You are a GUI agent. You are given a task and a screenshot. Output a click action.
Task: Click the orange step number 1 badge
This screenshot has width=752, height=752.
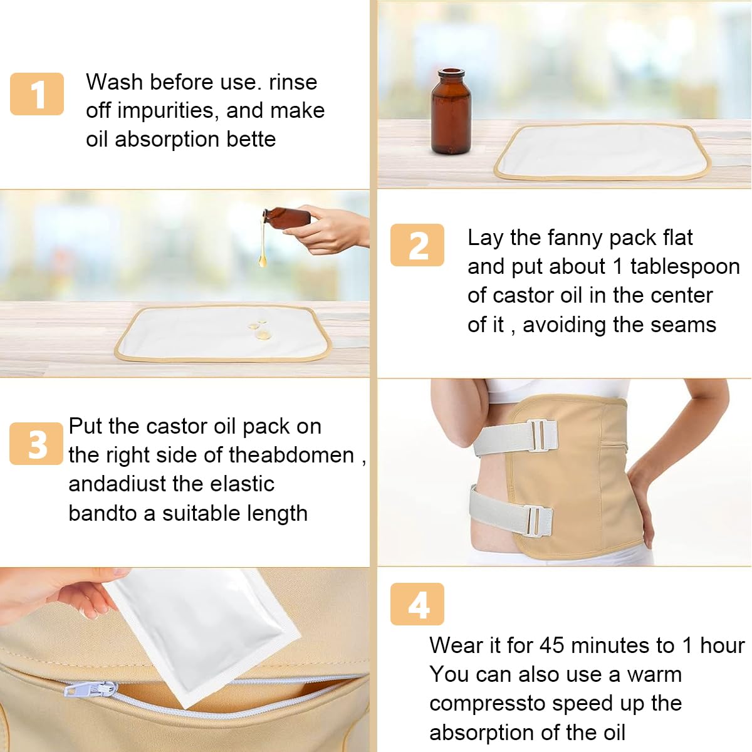point(37,94)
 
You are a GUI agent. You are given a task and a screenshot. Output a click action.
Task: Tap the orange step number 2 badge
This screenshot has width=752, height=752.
point(417,245)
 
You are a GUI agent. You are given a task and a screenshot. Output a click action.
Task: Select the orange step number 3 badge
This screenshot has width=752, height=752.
point(36,444)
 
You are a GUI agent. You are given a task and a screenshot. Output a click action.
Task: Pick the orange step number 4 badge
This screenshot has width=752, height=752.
point(417,604)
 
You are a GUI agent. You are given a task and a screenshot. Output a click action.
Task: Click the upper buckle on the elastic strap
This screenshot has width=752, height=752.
point(541,435)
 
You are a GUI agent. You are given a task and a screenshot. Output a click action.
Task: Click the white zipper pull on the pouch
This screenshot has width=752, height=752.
point(91,690)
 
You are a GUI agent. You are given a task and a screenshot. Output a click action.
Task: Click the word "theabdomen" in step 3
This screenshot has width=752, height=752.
point(291,455)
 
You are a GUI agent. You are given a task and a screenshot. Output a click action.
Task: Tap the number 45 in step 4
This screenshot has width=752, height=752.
point(552,645)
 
